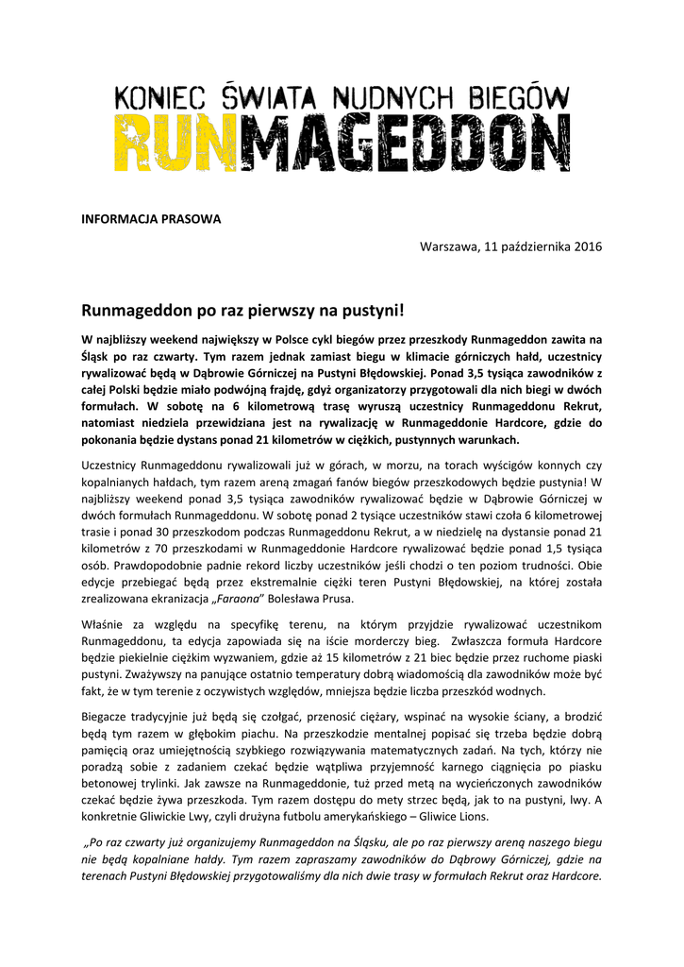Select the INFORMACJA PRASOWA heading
151,219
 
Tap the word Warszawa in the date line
448,246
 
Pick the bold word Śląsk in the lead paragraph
97,355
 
